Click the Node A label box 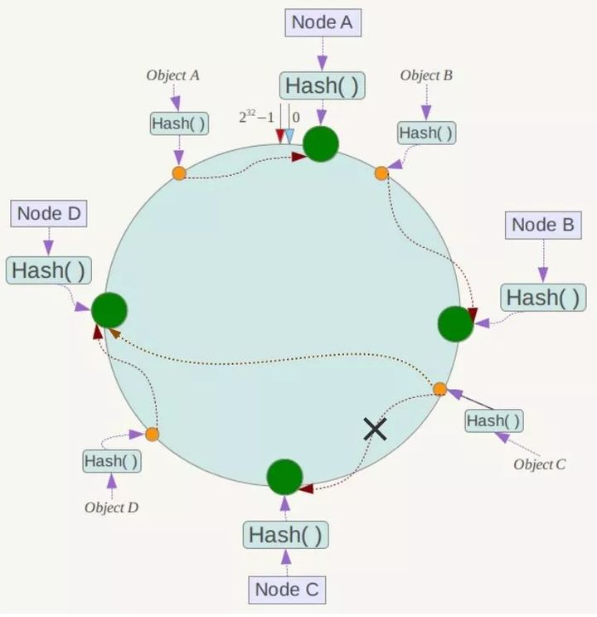323,23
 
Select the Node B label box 543,226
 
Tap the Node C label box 287,590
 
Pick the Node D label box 49,214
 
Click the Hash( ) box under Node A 323,85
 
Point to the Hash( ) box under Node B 543,298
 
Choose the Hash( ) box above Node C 286,535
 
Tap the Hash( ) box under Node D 49,270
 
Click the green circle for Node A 321,144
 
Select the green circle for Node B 456,324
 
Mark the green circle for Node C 284,477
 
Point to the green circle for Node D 109,310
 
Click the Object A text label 172,75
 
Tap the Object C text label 540,464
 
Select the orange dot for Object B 381,173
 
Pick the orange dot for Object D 153,435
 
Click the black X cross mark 375,429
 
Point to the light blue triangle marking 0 289,136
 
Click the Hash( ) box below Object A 179,124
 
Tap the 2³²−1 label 256,117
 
